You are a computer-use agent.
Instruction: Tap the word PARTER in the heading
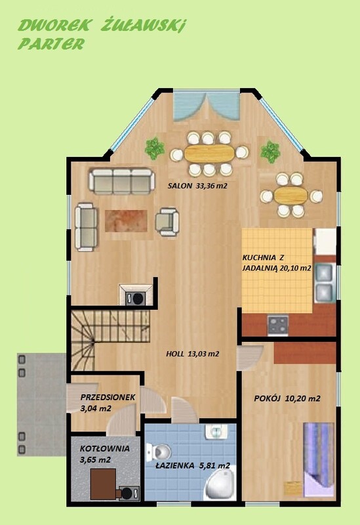(51, 44)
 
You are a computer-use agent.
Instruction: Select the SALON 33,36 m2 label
(197, 186)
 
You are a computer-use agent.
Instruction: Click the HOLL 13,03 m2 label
(193, 354)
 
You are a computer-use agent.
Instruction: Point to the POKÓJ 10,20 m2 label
(287, 398)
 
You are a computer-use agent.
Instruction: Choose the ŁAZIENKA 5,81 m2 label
(193, 465)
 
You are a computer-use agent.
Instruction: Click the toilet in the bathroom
(159, 451)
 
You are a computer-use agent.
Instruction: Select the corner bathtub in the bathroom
(219, 484)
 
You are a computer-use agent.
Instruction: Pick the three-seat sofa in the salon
(122, 181)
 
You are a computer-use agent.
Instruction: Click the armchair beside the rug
(167, 222)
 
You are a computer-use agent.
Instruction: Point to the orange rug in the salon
(126, 221)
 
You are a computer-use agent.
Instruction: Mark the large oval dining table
(209, 153)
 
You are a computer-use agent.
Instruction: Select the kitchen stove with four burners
(277, 325)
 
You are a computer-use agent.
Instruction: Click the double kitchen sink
(324, 283)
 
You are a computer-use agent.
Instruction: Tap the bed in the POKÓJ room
(318, 459)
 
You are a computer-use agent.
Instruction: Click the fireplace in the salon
(136, 295)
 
